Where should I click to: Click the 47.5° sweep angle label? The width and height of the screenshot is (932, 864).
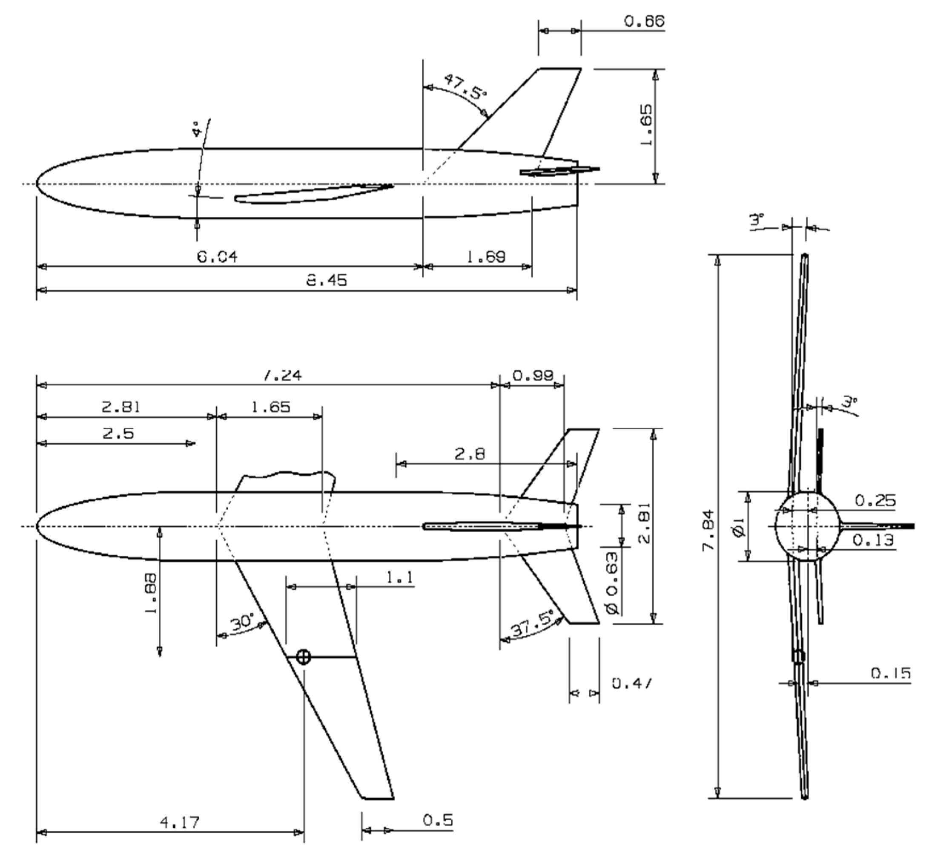[465, 87]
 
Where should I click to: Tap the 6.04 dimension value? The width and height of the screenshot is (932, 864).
[217, 256]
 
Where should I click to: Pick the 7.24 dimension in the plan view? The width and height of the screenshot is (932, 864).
[283, 375]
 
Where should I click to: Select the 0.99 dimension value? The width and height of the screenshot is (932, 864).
[533, 375]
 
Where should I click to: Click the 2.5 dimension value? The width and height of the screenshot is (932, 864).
[119, 433]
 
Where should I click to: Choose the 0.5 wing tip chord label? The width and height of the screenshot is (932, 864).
[438, 820]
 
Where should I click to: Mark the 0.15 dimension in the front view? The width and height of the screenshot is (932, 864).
[891, 673]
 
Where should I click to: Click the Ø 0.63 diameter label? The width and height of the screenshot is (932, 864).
[613, 583]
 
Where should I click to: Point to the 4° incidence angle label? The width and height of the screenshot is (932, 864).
[196, 129]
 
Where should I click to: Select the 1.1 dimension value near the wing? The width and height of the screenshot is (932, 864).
[400, 578]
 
